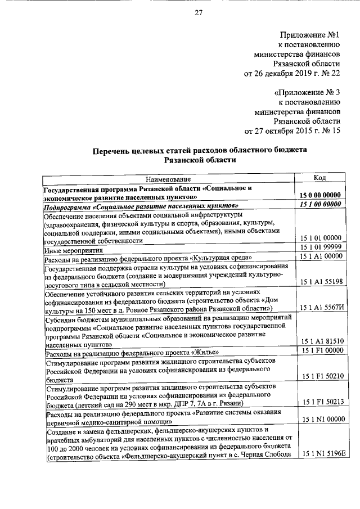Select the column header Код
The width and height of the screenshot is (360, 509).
[319, 178]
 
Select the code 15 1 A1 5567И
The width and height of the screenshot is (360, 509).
[319, 308]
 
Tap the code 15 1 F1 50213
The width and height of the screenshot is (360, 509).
[319, 402]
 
